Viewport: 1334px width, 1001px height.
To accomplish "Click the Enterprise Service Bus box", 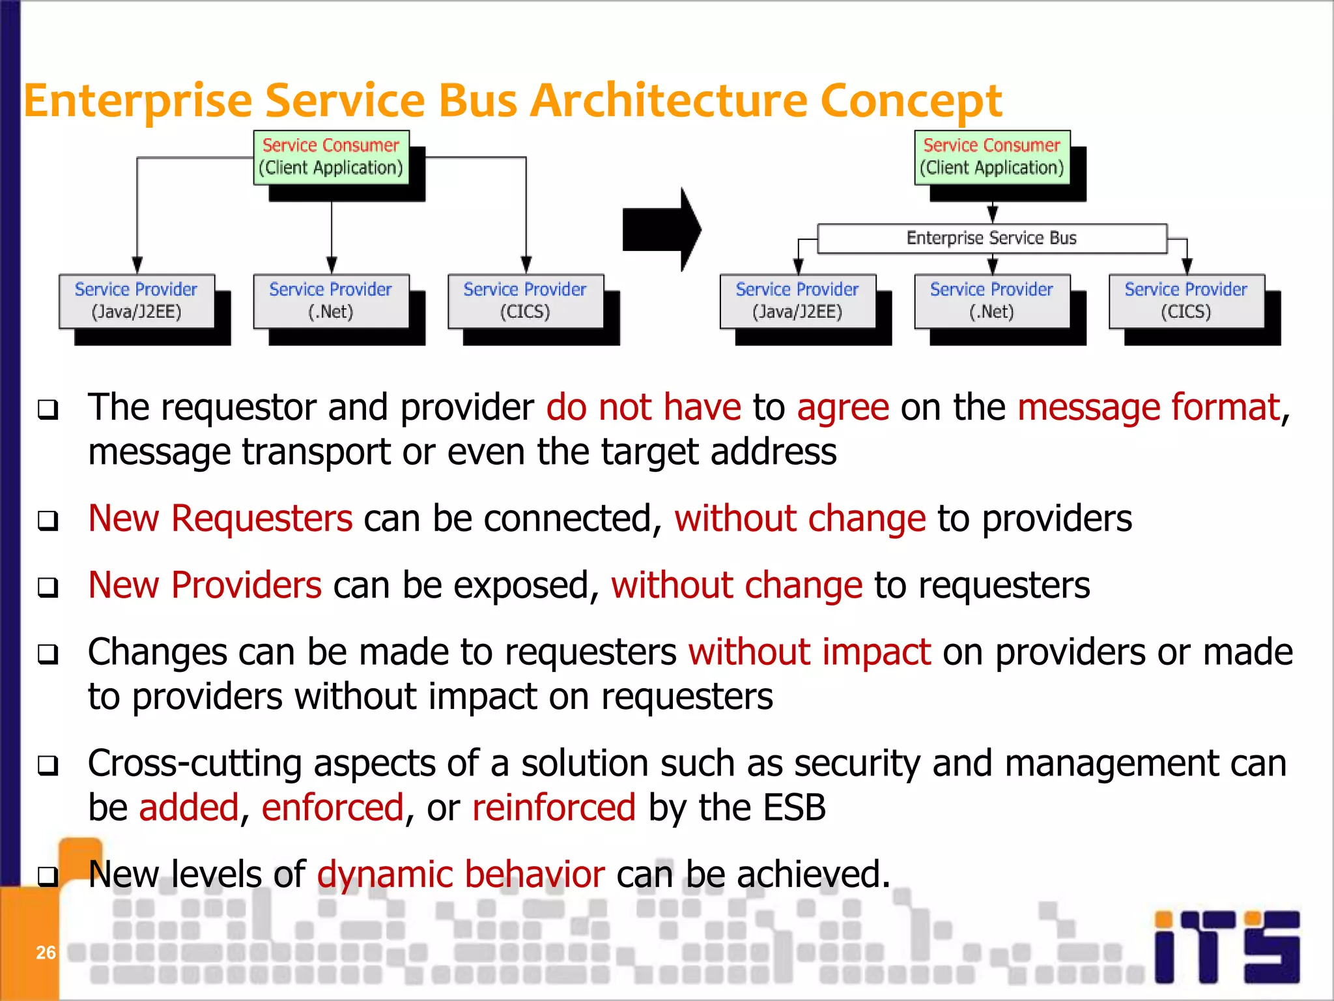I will pyautogui.click(x=991, y=239).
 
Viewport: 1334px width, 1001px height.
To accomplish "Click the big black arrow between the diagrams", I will pyautogui.click(x=660, y=229).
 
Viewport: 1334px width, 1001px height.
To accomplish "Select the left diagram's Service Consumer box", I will pyautogui.click(x=331, y=157).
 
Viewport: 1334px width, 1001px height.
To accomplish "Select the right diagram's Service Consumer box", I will pyautogui.click(x=991, y=157).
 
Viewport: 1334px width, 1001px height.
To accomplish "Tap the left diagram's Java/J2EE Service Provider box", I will pyautogui.click(x=137, y=301).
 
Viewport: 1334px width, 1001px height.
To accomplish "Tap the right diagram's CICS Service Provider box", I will pyautogui.click(x=1186, y=301).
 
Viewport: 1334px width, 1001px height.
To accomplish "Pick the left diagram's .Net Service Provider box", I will pyautogui.click(x=331, y=301).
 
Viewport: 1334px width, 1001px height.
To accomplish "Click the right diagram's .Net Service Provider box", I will pyautogui.click(x=991, y=301).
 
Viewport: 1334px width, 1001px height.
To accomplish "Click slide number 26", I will pyautogui.click(x=46, y=953).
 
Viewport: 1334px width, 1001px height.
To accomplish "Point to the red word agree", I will pyautogui.click(x=842, y=409).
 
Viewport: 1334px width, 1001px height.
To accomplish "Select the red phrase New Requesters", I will pyautogui.click(x=220, y=519).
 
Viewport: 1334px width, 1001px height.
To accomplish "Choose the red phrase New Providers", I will pyautogui.click(x=205, y=586).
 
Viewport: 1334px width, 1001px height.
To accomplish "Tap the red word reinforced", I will pyautogui.click(x=554, y=808).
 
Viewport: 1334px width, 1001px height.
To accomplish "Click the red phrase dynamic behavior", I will pyautogui.click(x=461, y=875).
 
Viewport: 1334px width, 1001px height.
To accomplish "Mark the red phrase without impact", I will pyautogui.click(x=810, y=652).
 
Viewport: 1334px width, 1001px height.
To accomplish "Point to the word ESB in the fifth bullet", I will pyautogui.click(x=794, y=808).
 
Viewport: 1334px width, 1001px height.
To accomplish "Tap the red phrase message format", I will pyautogui.click(x=1148, y=409).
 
